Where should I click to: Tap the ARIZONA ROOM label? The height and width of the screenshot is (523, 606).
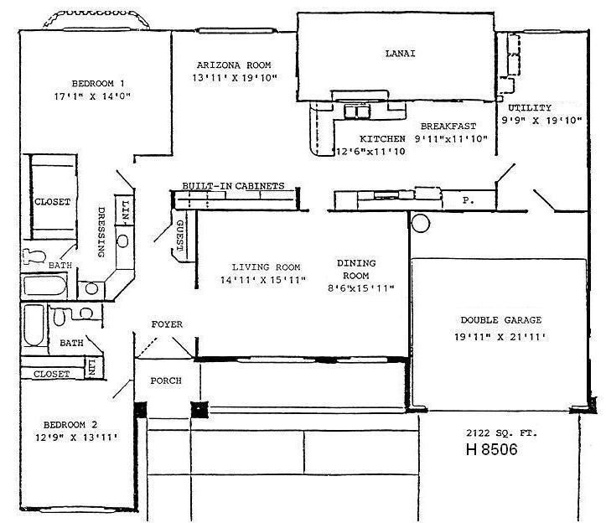tap(234, 65)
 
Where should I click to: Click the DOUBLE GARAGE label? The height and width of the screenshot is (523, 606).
tap(500, 320)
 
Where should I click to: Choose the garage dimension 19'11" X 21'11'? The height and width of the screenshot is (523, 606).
tap(500, 338)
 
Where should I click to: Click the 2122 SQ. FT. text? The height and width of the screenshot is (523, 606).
tap(500, 432)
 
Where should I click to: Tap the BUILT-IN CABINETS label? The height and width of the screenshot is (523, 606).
tap(233, 186)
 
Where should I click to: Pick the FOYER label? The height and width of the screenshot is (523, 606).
tap(167, 324)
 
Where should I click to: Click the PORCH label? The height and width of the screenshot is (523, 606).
tap(166, 381)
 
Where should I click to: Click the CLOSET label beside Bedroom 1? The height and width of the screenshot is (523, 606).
tap(52, 202)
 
